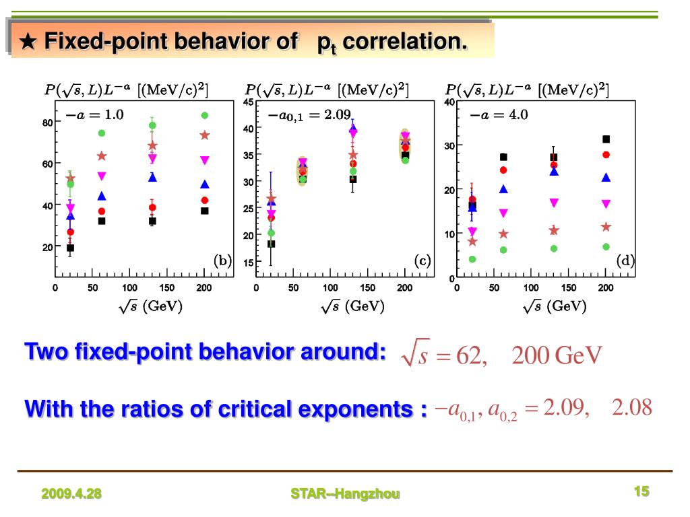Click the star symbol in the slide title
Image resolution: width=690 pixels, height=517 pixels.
tap(28, 42)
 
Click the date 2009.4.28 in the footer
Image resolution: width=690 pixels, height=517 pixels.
tap(71, 494)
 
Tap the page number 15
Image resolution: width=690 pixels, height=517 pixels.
tap(641, 491)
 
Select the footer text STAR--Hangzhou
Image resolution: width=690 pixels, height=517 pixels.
tap(345, 494)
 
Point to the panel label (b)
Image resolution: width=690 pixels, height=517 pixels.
tap(222, 261)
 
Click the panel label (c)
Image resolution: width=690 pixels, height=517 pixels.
tap(422, 261)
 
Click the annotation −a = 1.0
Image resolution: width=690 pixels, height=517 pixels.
tap(94, 115)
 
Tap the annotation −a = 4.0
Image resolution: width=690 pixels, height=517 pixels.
tap(499, 115)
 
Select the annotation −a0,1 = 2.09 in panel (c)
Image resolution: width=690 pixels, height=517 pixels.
tap(309, 116)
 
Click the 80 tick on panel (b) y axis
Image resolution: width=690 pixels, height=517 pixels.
tap(47, 123)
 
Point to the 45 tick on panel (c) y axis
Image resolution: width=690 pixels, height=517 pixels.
tap(248, 102)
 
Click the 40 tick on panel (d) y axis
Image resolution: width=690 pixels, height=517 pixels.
tap(449, 102)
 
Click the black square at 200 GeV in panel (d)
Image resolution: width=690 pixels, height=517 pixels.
tap(606, 139)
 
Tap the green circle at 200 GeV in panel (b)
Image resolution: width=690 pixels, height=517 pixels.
tap(205, 115)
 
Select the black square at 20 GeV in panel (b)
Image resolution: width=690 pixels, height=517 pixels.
tap(70, 248)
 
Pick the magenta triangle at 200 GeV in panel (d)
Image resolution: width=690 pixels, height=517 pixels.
tap(606, 203)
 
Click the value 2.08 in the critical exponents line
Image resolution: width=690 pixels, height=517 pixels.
tap(632, 407)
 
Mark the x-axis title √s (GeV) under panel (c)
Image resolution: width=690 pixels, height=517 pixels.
tap(353, 306)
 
